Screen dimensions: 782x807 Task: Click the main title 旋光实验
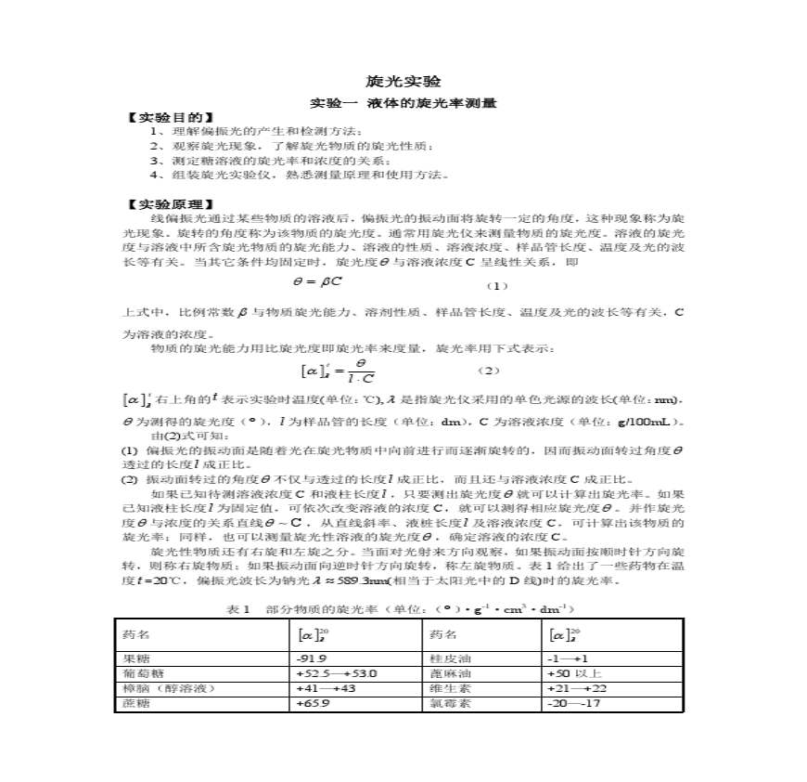pyautogui.click(x=403, y=82)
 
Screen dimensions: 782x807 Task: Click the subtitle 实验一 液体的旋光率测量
pyautogui.click(x=403, y=103)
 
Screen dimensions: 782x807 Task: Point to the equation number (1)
pyautogui.click(x=498, y=285)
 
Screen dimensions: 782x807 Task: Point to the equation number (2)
pyautogui.click(x=489, y=371)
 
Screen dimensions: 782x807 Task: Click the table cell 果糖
pyautogui.click(x=134, y=658)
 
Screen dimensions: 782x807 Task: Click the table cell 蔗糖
pyautogui.click(x=134, y=704)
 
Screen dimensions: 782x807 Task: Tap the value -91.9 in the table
pyautogui.click(x=311, y=658)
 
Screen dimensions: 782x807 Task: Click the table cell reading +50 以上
pyautogui.click(x=575, y=673)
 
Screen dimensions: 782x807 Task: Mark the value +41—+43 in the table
pyautogui.click(x=325, y=688)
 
